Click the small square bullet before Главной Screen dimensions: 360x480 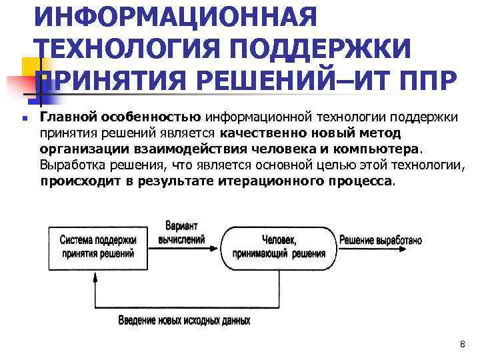(x=23, y=119)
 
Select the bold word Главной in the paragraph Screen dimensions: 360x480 (x=69, y=117)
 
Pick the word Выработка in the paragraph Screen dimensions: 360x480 (x=68, y=165)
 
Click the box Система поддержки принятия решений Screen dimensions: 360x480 (x=97, y=246)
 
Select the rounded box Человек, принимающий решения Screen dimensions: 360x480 (x=279, y=247)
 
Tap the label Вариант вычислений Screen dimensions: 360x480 (x=181, y=232)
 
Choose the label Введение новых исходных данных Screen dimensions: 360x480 (x=184, y=321)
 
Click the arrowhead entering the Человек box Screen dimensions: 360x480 (x=217, y=247)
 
